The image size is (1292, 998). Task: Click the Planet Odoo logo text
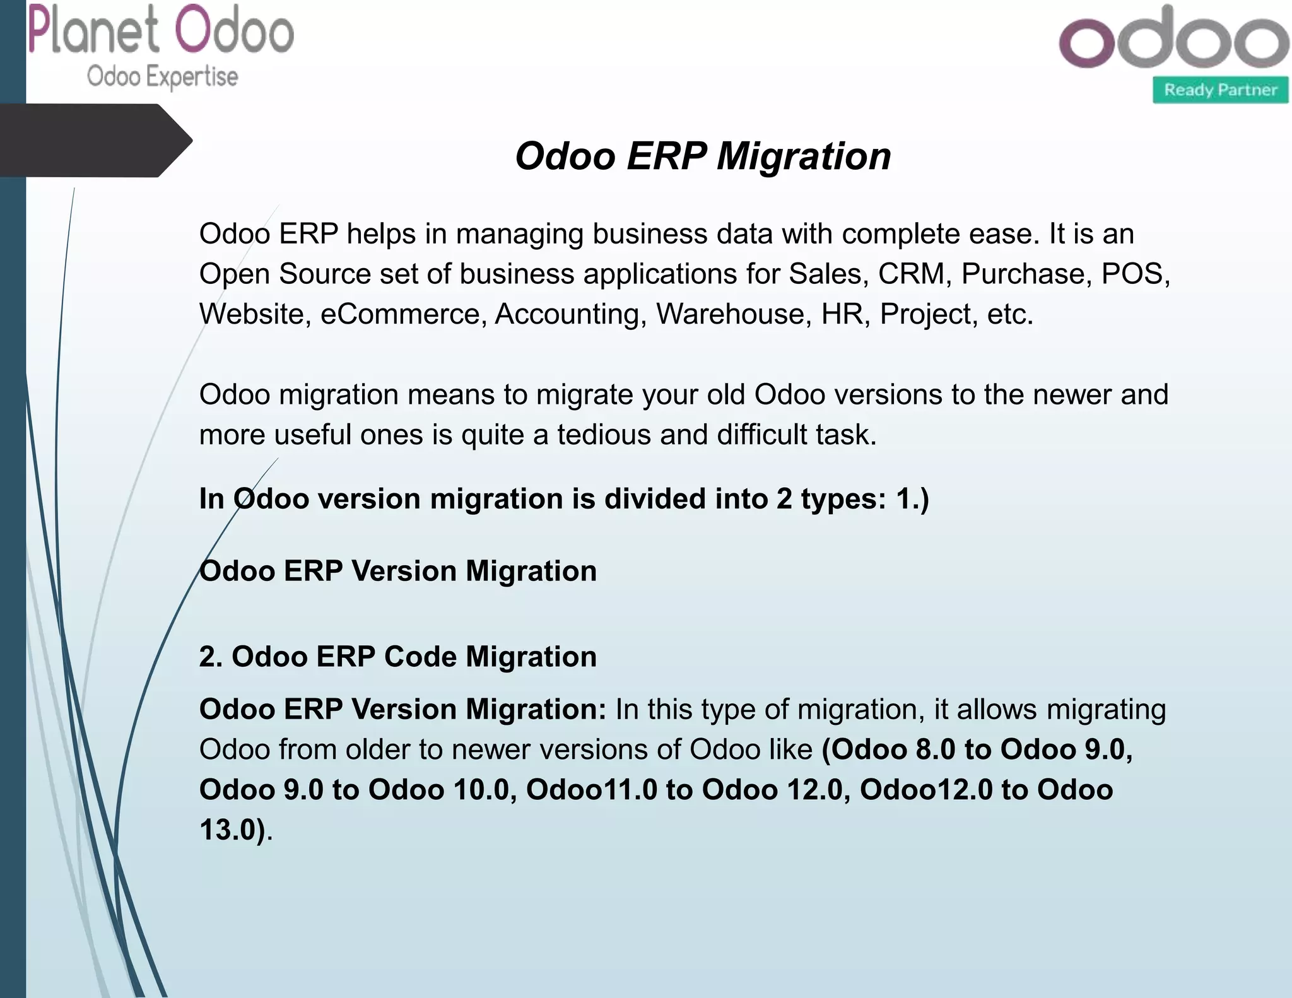(x=161, y=30)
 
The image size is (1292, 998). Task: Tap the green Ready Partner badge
(x=1220, y=90)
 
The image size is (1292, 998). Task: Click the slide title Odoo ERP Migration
(x=703, y=156)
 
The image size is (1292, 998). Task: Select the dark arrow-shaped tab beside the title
(x=95, y=140)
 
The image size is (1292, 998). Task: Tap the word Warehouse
(x=734, y=314)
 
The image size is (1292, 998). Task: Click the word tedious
(x=603, y=435)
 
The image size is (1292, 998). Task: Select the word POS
(x=1134, y=274)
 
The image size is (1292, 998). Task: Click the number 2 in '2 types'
(x=784, y=499)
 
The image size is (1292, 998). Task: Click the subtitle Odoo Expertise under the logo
(x=163, y=77)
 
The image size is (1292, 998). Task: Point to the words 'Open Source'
(x=285, y=274)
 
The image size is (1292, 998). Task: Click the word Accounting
(x=570, y=314)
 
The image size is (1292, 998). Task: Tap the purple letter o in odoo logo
(x=1086, y=42)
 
